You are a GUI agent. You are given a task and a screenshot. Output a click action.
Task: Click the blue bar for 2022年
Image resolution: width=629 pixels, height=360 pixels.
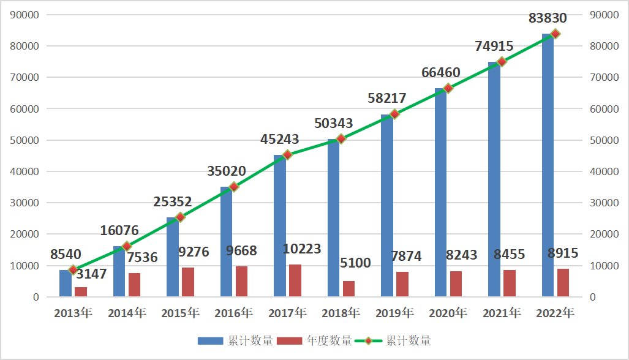coord(548,165)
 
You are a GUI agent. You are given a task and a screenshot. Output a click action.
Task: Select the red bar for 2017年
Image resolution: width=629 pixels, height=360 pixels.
coord(295,281)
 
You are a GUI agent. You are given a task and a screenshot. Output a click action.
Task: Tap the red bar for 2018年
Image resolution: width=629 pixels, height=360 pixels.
coord(348,289)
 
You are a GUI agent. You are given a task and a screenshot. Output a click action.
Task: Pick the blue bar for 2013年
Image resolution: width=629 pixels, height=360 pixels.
coord(66,283)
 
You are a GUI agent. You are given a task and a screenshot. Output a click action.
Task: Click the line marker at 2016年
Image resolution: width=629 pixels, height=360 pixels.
coord(233,187)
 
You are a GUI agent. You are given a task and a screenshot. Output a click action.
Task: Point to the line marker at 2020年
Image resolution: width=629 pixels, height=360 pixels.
coord(448,88)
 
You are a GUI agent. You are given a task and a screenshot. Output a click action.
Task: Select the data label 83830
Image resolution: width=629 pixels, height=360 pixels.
coord(548,18)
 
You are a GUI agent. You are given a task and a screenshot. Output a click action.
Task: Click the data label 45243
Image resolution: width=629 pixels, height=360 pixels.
coord(281,140)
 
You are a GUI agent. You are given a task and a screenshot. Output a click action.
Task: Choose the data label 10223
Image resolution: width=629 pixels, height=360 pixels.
coord(302,249)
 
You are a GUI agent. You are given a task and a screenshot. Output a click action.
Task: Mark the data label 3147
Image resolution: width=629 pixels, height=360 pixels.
coord(89,274)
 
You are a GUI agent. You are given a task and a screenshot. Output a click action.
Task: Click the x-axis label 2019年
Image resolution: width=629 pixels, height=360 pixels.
coord(394,313)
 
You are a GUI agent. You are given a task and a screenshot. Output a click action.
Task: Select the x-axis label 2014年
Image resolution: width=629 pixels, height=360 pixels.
coord(127,313)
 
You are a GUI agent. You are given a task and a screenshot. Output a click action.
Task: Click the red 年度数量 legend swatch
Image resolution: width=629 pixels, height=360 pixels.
coord(290,341)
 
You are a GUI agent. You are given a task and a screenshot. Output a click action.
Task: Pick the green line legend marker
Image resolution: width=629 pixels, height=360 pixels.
coord(369,341)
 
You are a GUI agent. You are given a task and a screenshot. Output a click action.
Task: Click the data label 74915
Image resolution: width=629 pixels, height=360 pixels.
coord(494,46)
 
